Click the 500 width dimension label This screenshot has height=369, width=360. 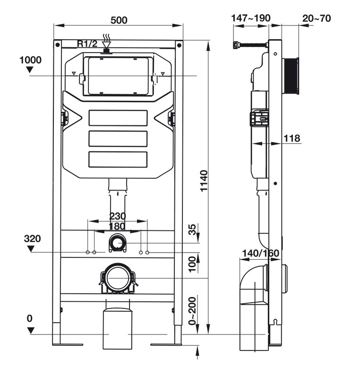(x=118, y=20)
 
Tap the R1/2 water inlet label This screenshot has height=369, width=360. (x=87, y=44)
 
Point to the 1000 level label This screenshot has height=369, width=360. (x=31, y=60)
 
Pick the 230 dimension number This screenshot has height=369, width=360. (x=118, y=216)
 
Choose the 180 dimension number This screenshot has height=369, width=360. (x=118, y=226)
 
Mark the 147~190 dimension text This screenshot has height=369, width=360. (x=250, y=18)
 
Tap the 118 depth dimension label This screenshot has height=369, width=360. (x=292, y=139)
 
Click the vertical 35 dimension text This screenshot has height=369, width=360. (x=192, y=229)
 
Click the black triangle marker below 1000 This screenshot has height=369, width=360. (x=31, y=70)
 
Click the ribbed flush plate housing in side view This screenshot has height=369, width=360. (x=291, y=77)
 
